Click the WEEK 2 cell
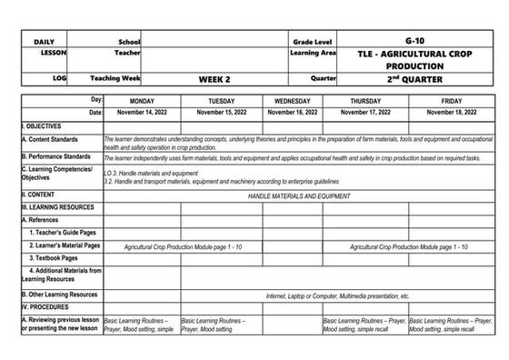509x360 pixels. (216, 79)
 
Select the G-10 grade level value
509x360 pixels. (414, 42)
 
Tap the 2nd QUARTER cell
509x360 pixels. (414, 79)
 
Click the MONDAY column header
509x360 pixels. (142, 100)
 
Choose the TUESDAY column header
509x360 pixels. (222, 100)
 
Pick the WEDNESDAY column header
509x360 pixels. (292, 100)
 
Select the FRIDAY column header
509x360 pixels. (451, 100)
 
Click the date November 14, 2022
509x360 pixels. (142, 113)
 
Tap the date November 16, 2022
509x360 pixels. (292, 113)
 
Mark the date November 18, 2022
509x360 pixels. (451, 113)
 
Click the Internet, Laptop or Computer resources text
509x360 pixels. (337, 295)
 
